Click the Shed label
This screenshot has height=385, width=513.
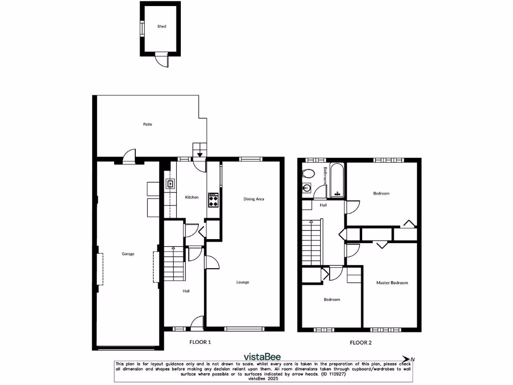pyautogui.click(x=161, y=26)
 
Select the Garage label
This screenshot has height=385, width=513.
pyautogui.click(x=128, y=254)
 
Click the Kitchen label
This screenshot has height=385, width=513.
pyautogui.click(x=192, y=198)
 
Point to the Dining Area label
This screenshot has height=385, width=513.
pyautogui.click(x=253, y=199)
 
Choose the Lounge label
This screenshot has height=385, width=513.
pyautogui.click(x=243, y=282)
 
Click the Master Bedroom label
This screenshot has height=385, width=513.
pyautogui.click(x=392, y=283)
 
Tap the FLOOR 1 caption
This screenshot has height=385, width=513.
pyautogui.click(x=200, y=342)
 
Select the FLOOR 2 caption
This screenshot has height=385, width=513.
pyautogui.click(x=361, y=343)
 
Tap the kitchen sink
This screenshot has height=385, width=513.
pyautogui.click(x=171, y=184)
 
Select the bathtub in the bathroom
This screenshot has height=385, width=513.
pyautogui.click(x=337, y=180)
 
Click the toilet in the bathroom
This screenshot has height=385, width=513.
pyautogui.click(x=309, y=174)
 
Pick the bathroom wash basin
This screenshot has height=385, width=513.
pyautogui.click(x=307, y=189)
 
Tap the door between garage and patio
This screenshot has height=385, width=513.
pyautogui.click(x=130, y=156)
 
